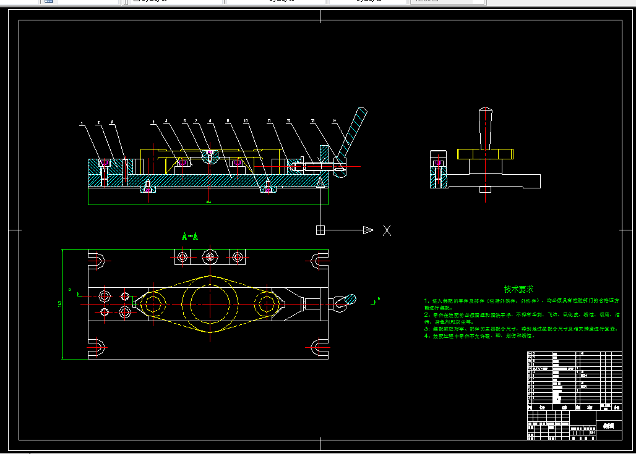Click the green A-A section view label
(x=190, y=237)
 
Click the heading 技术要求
(x=518, y=289)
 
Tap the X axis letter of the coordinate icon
(x=387, y=230)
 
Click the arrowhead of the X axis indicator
(x=368, y=230)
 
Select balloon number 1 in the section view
(x=82, y=124)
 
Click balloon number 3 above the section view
(x=112, y=122)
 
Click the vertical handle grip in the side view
(x=486, y=128)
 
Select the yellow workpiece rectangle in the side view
(x=486, y=153)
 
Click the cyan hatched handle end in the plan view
(x=345, y=301)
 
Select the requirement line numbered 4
(x=476, y=337)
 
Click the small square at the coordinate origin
(x=320, y=230)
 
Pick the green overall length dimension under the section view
(x=208, y=202)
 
